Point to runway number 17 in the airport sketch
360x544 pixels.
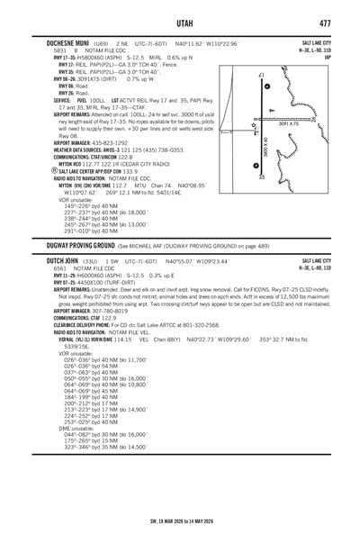[262, 75]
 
